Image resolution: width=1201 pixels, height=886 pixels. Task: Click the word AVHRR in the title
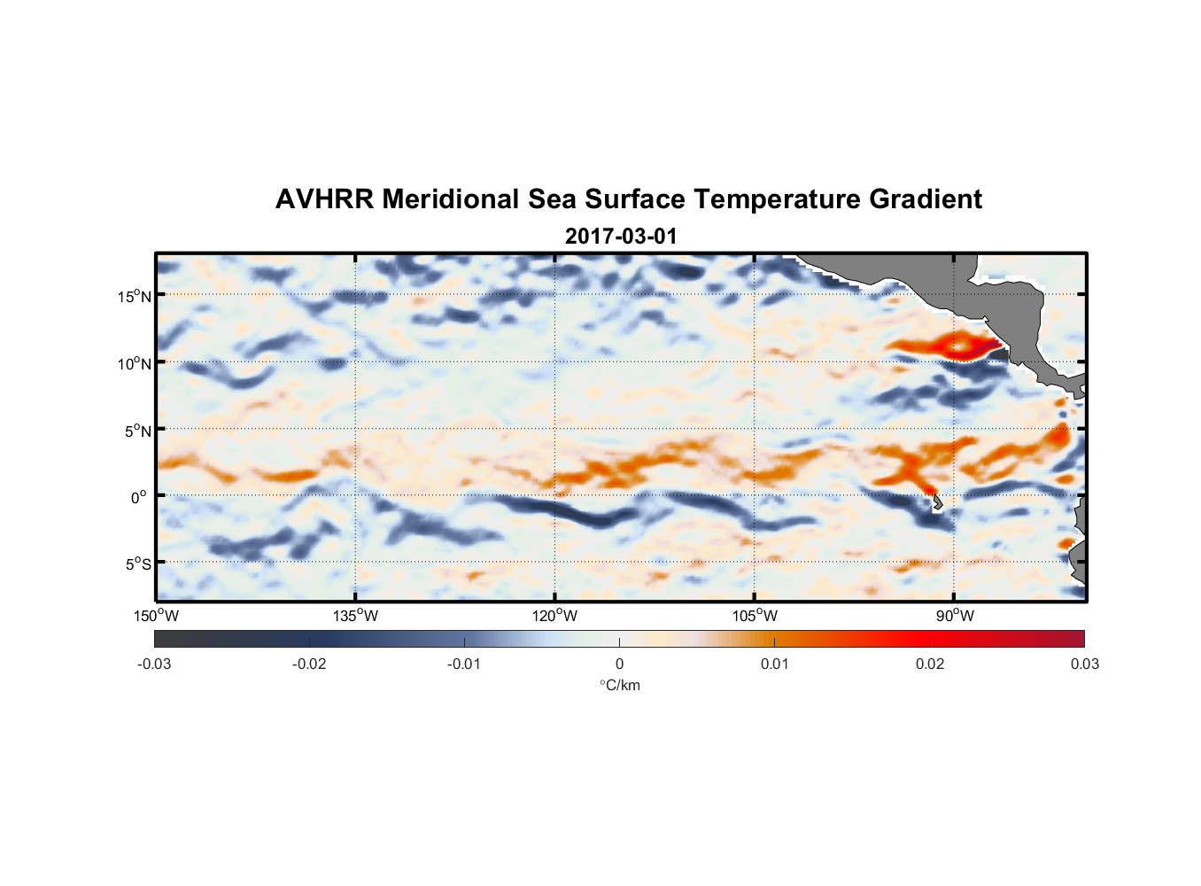click(x=323, y=199)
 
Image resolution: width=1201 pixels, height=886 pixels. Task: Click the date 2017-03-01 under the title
click(x=621, y=237)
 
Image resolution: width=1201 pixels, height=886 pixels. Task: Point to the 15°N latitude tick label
click(x=135, y=296)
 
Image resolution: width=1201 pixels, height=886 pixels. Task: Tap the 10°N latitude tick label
click(x=135, y=363)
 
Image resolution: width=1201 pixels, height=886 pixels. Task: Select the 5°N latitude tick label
click(x=138, y=431)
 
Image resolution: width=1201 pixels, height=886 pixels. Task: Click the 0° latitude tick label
click(x=138, y=498)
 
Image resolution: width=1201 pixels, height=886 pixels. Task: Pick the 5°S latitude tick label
click(x=138, y=564)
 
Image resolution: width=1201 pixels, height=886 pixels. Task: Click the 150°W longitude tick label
click(x=157, y=616)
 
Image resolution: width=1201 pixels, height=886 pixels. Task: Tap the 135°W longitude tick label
click(x=356, y=616)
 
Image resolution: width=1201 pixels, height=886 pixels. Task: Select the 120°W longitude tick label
click(x=555, y=616)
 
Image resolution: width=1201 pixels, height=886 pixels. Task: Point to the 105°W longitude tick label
click(x=755, y=616)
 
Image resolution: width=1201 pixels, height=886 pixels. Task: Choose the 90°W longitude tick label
click(x=954, y=616)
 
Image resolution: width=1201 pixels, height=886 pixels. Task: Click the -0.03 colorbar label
click(x=154, y=664)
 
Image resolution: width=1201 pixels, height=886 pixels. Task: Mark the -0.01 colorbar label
click(x=464, y=664)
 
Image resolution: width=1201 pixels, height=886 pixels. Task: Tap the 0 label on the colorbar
click(x=619, y=664)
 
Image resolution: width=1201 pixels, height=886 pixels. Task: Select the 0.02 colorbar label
click(x=930, y=664)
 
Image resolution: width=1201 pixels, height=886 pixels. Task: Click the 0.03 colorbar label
click(x=1084, y=664)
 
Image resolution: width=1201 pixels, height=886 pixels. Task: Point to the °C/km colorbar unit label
click(x=620, y=685)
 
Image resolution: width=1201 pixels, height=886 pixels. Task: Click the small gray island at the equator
click(x=937, y=502)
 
